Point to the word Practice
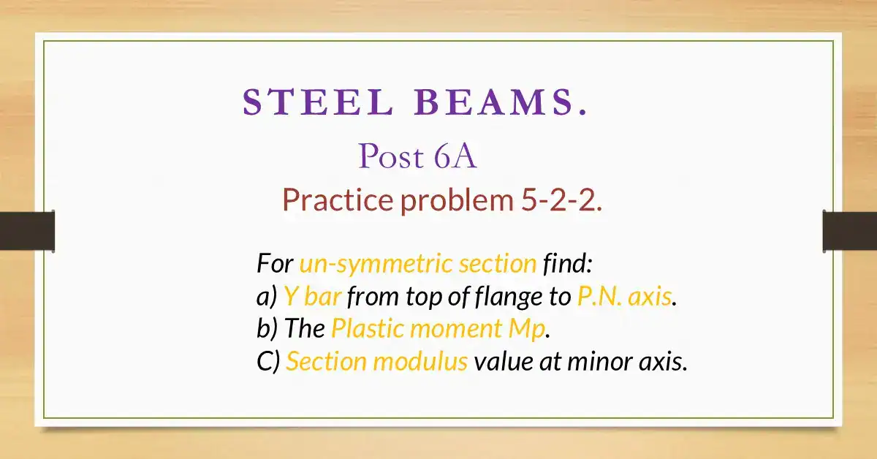pos(338,200)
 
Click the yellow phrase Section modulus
pos(376,362)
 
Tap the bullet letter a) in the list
pos(266,296)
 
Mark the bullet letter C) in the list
pos(268,362)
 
